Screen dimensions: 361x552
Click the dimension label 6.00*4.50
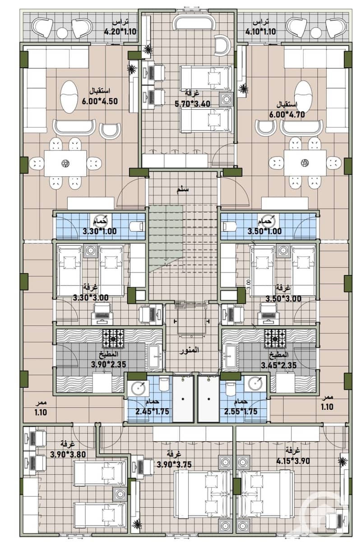(100, 101)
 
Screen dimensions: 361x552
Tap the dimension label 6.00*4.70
(287, 115)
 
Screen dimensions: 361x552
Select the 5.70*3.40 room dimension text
(193, 104)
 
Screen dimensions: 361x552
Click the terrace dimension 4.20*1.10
(120, 32)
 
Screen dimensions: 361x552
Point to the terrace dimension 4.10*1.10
(260, 32)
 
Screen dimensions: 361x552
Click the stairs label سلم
(183, 190)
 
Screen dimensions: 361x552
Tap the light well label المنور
(189, 350)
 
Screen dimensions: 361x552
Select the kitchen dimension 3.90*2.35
(109, 364)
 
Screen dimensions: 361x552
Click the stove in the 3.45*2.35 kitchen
(275, 338)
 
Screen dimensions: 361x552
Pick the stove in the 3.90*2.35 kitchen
(113, 338)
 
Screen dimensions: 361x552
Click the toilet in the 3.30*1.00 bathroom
(136, 226)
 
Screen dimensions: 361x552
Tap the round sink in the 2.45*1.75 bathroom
(139, 388)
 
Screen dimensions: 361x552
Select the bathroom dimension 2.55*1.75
(241, 411)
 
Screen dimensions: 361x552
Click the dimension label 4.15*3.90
(293, 461)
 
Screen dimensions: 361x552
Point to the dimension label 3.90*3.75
(174, 464)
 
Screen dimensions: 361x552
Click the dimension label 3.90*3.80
(68, 454)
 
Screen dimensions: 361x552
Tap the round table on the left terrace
(62, 33)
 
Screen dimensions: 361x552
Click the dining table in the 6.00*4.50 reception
(65, 163)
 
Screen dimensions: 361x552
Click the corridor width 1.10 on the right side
(327, 407)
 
